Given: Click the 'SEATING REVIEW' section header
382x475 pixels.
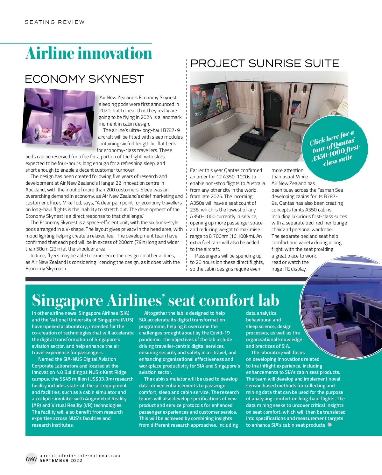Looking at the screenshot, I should [55, 22].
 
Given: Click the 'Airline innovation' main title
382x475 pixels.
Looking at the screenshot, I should [89, 53].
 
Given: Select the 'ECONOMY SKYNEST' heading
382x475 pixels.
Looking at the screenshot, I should [84, 79].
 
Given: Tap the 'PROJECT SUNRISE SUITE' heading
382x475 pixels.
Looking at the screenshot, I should [265, 64].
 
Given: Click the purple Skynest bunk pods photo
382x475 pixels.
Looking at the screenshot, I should [60, 118].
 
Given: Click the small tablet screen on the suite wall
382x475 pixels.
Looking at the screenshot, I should [296, 107].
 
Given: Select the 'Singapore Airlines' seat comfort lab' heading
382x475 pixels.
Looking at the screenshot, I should [155, 300].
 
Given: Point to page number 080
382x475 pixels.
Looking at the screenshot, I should [31, 459].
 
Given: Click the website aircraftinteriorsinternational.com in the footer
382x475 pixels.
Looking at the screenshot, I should [80, 456].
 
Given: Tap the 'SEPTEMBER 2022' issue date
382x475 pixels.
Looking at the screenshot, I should [61, 461].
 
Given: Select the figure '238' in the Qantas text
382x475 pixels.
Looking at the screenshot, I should [195, 210].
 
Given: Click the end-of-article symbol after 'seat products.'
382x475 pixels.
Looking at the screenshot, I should [330, 425].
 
